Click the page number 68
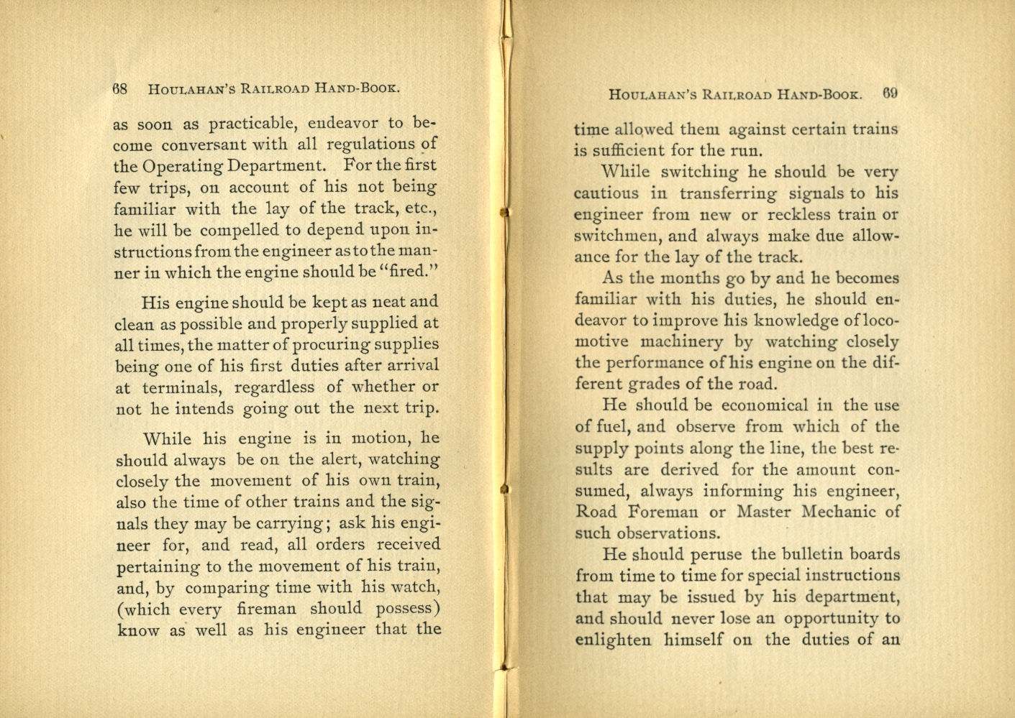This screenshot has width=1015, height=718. pos(120,89)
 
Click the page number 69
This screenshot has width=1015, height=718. pos(891,93)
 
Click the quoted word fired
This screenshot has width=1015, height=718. pos(411,273)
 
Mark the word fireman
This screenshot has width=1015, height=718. pos(266,609)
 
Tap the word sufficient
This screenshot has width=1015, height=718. pos(629,151)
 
